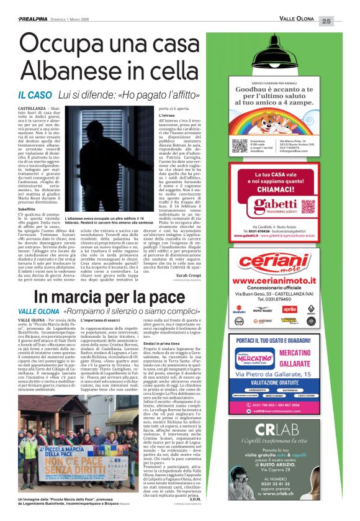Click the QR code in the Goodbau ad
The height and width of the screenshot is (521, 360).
[240, 145]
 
